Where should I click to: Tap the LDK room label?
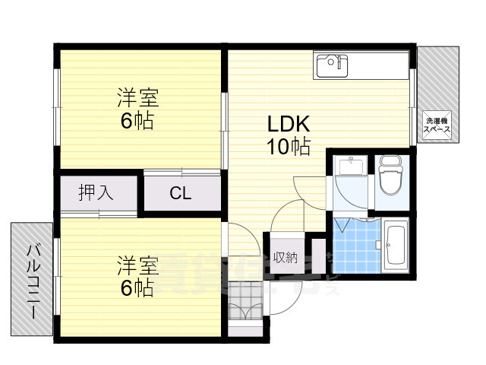coord(288,124)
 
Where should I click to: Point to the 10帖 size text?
coord(288,147)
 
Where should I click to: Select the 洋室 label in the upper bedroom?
coord(137,98)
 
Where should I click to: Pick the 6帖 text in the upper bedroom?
coord(137,121)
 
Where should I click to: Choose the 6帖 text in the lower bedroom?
coord(137,287)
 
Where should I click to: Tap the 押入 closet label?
coord(96,193)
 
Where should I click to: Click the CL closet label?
coord(180,193)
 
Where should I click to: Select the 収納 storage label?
coord(286,256)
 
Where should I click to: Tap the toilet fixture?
coord(390,176)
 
